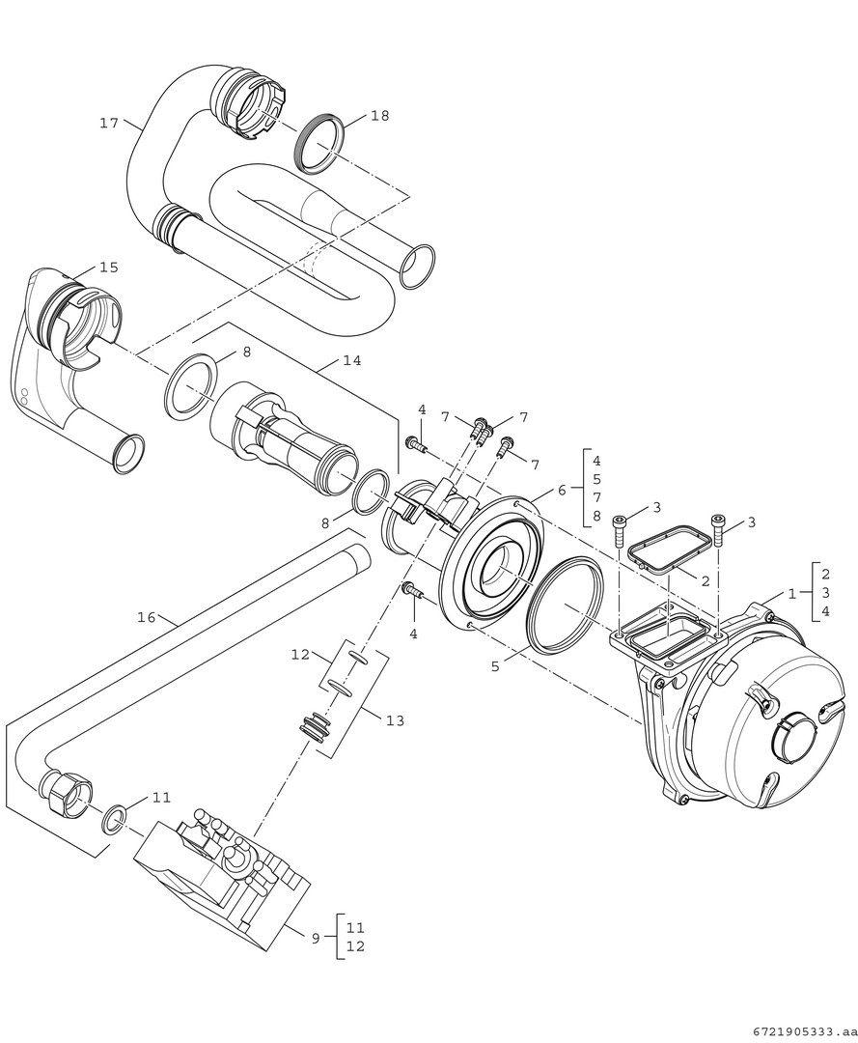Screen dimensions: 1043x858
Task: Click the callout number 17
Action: pos(108,123)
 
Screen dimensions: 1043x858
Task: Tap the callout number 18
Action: pos(379,116)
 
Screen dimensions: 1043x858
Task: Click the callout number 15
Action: pos(108,267)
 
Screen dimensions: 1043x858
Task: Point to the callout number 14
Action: pos(351,360)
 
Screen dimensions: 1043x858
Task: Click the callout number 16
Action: pos(147,616)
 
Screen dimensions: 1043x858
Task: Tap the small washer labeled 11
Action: pos(114,820)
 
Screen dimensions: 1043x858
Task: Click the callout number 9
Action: pos(315,938)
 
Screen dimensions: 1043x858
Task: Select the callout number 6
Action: pos(561,491)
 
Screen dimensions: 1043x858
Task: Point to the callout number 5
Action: pos(495,666)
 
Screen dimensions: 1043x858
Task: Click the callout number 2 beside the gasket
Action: pos(705,581)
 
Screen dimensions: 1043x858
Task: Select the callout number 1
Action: pos(791,594)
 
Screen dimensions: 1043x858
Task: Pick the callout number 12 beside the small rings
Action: pos(299,654)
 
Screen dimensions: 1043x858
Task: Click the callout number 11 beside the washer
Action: pos(161,798)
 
